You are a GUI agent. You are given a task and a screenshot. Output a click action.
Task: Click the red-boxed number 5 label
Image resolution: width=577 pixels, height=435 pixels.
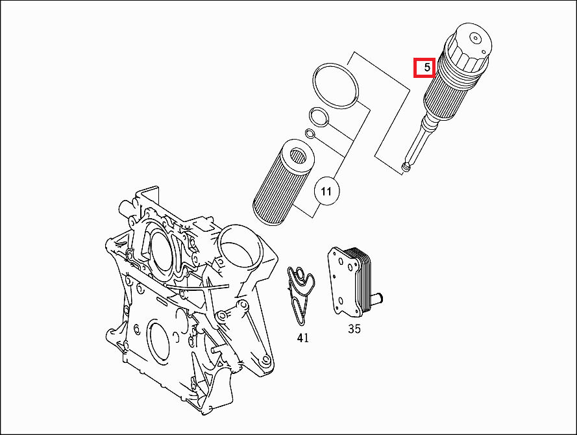tap(424, 68)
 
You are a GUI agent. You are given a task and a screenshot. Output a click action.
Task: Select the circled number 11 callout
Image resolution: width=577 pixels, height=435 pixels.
tap(326, 191)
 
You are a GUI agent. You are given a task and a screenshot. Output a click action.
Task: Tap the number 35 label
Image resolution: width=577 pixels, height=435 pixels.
tap(354, 329)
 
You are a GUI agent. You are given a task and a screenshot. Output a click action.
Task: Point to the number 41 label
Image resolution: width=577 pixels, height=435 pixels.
tap(303, 338)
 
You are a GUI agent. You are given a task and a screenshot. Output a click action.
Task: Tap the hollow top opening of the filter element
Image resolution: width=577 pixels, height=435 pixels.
tap(298, 156)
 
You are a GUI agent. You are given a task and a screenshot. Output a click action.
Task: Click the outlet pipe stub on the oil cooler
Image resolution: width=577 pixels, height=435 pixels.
tap(377, 298)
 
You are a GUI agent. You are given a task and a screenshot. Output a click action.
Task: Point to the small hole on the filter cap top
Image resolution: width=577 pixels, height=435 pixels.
tap(476, 38)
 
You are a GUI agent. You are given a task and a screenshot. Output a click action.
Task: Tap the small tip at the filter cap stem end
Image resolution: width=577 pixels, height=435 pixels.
tap(406, 168)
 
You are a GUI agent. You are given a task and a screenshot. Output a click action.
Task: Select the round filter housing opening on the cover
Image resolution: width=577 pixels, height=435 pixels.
tap(240, 249)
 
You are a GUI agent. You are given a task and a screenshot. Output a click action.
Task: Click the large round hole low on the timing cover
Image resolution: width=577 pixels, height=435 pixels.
tap(159, 340)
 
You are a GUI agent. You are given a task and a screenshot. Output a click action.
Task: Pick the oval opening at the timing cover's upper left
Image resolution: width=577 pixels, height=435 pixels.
tap(159, 249)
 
